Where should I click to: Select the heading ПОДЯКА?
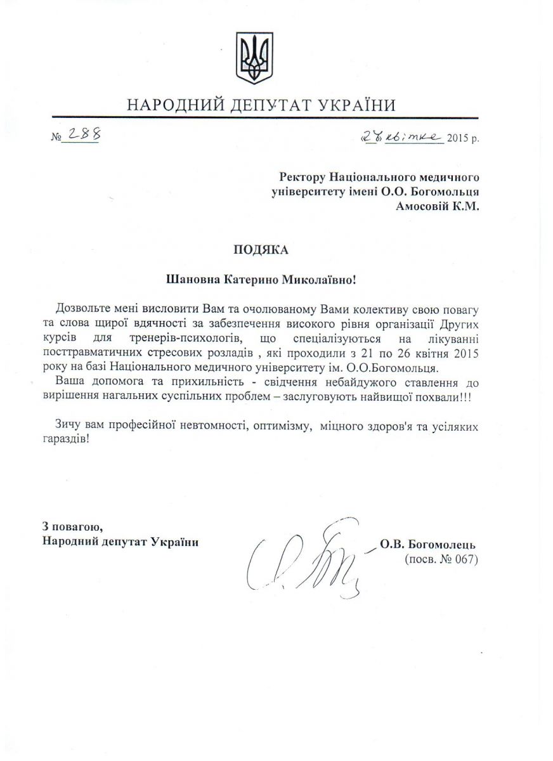[x=261, y=250]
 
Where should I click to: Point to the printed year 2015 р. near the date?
[x=464, y=138]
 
